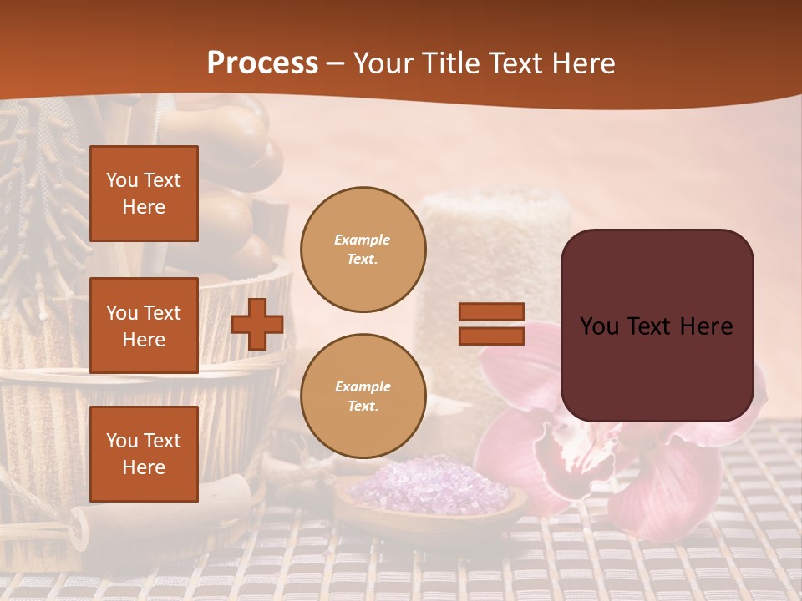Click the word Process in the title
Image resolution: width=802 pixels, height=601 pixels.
tap(262, 63)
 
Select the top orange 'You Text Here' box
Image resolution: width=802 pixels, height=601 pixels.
tap(144, 194)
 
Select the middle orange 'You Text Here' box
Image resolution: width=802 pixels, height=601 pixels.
tap(144, 326)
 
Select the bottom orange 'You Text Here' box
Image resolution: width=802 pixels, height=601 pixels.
tap(144, 453)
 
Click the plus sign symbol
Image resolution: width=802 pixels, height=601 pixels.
tap(257, 324)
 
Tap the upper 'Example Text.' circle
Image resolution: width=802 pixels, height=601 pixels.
tap(363, 249)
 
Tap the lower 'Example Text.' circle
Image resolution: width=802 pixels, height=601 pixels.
tap(363, 396)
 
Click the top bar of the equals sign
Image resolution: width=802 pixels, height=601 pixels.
tap(491, 312)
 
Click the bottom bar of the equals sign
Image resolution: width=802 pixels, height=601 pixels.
tap(491, 336)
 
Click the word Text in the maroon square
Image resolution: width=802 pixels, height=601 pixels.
tap(656, 326)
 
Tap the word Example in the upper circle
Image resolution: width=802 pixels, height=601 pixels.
tap(362, 240)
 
